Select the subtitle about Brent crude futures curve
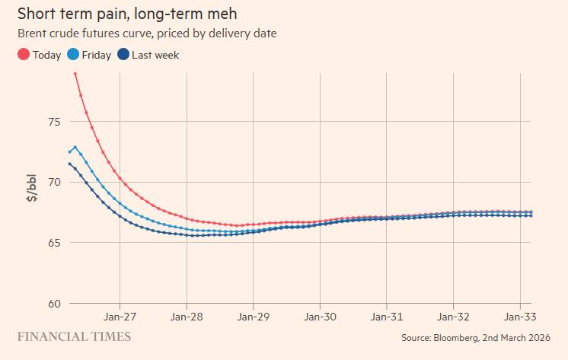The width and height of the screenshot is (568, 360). pos(147,33)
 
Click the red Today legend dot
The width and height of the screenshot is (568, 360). pos(24,55)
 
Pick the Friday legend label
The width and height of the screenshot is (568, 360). pos(96,55)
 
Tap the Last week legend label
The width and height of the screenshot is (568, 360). pos(155,55)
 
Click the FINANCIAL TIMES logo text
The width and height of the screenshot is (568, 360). pos(74,336)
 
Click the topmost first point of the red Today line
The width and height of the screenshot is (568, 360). pos(75,74)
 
